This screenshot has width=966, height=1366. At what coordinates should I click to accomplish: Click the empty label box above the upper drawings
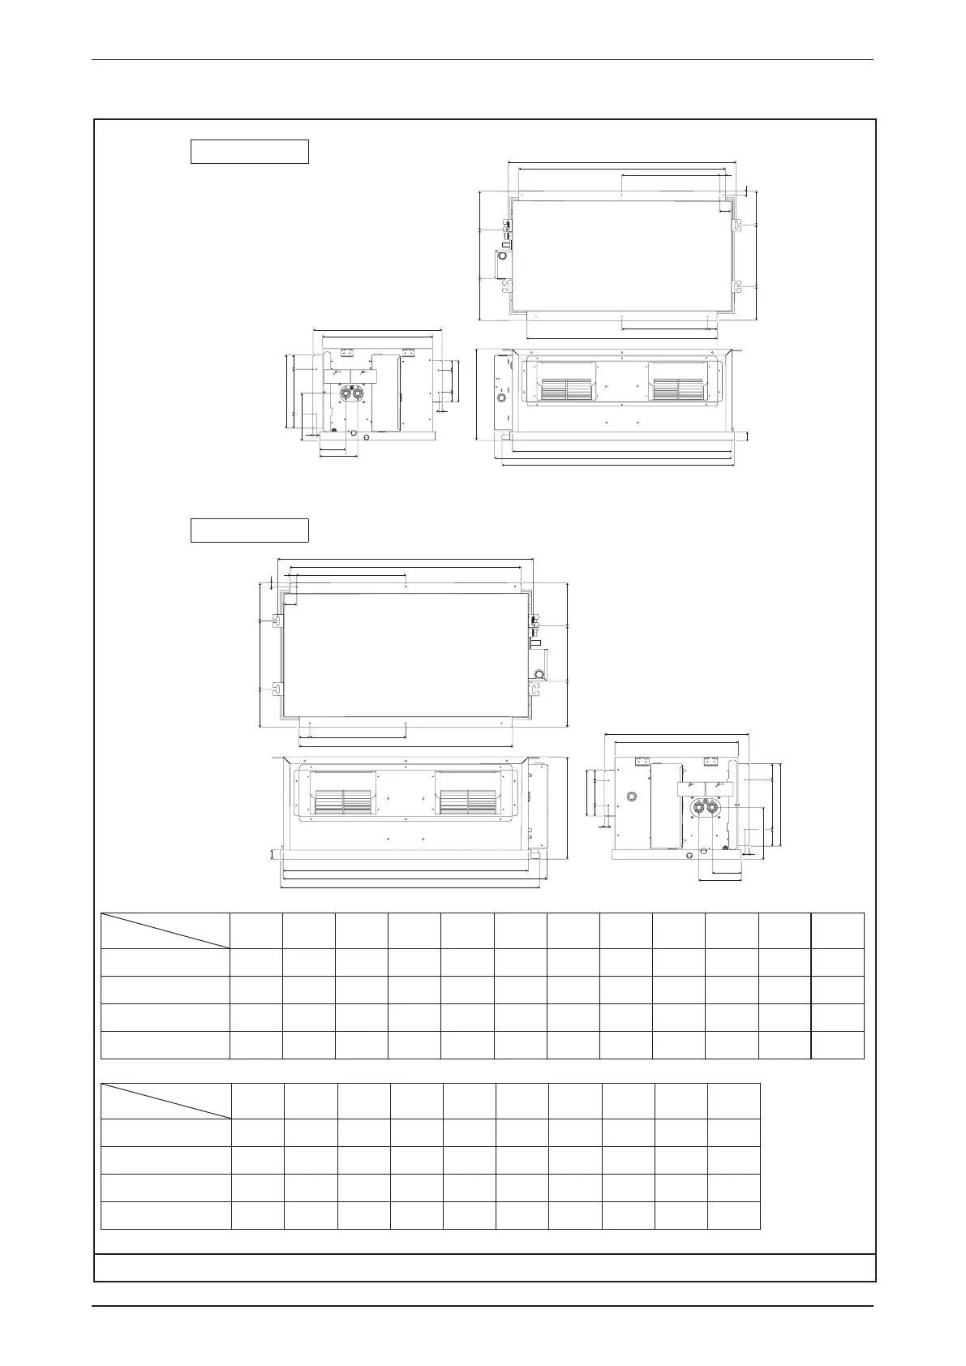tap(249, 152)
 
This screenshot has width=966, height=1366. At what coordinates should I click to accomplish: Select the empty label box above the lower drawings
tap(249, 530)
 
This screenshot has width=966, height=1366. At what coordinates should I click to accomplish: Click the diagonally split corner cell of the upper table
tap(165, 930)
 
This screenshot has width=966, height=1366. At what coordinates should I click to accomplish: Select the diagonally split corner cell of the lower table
tap(165, 1101)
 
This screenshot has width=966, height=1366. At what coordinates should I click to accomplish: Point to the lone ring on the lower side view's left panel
tap(629, 797)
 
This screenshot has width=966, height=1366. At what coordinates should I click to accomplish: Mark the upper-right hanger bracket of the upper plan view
tap(738, 225)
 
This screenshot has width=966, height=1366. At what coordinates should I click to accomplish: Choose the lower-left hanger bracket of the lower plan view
tap(277, 689)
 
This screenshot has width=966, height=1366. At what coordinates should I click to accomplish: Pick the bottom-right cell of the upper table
tap(837, 1045)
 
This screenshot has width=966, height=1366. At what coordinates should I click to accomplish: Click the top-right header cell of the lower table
tap(733, 1101)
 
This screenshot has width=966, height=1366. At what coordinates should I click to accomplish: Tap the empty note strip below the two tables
tap(485, 1266)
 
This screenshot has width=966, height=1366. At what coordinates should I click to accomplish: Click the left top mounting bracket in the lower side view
tap(642, 762)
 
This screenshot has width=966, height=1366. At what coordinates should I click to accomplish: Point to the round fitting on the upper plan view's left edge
tap(502, 256)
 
